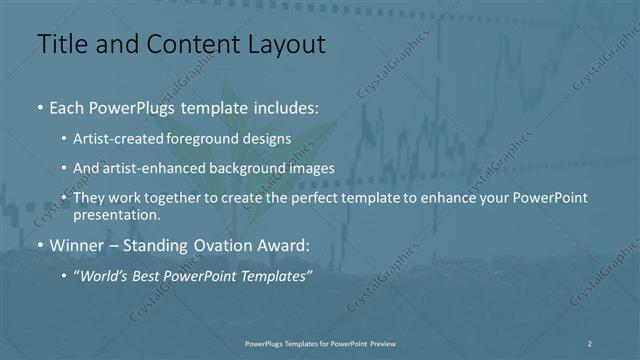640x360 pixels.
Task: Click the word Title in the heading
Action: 61,44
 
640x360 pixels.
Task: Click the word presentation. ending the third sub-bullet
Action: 116,214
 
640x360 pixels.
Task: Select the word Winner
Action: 75,244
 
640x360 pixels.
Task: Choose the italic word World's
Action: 104,276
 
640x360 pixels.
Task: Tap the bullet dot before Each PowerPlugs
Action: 40,106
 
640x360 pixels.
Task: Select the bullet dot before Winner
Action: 40,245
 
